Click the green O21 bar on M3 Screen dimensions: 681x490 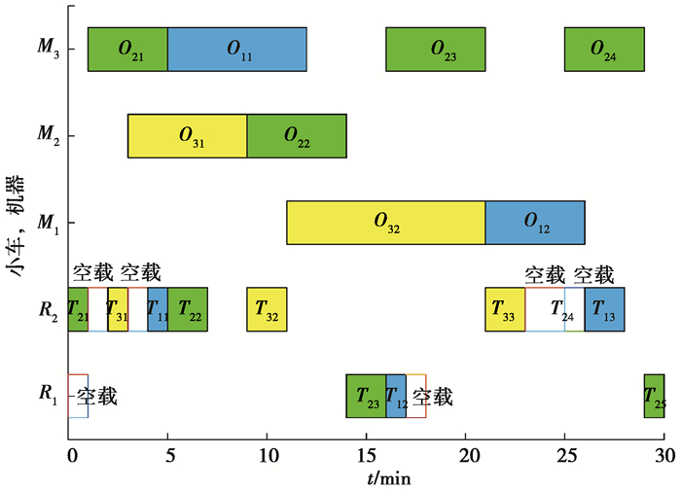point(127,49)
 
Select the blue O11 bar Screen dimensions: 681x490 point(237,49)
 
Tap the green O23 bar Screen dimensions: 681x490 point(436,49)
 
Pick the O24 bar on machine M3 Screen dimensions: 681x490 point(604,49)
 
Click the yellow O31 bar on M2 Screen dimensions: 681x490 point(188,136)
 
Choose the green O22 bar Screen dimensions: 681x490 point(297,136)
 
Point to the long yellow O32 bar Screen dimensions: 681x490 point(386,223)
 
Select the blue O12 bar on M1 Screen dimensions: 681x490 point(535,223)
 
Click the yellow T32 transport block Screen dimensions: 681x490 point(267,309)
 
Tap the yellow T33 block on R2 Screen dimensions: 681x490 point(505,309)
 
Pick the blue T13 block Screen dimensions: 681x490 point(604,309)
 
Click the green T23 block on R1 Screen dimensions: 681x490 point(366,397)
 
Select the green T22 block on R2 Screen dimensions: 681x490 point(188,309)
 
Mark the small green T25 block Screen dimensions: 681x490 point(654,397)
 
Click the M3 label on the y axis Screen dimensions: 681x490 point(49,47)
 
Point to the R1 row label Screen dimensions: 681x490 point(49,394)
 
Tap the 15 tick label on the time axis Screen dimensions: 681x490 point(366,455)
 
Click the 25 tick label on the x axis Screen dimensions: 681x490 point(564,455)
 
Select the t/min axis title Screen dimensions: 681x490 point(388,478)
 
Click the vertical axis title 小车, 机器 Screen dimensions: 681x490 point(16,226)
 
